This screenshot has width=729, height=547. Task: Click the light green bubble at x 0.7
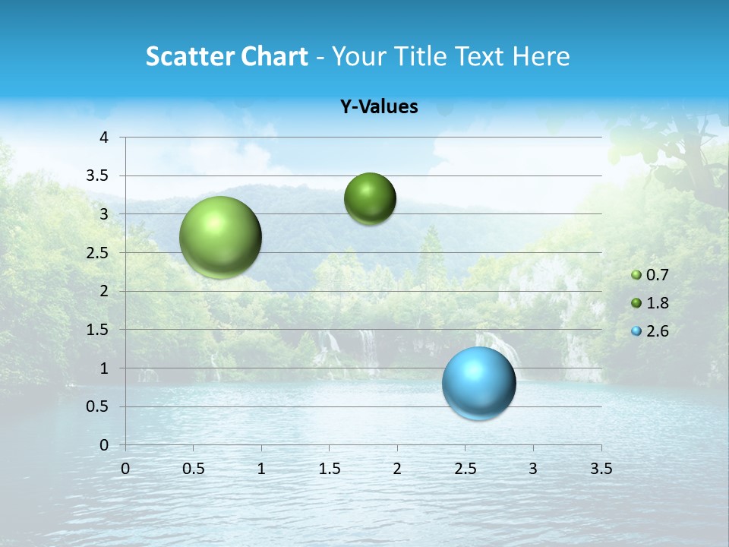click(220, 237)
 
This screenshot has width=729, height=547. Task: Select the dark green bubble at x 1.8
click(370, 199)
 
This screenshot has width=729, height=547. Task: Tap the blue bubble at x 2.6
click(478, 383)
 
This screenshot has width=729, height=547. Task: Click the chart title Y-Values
click(379, 107)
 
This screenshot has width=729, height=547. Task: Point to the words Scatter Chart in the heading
click(226, 56)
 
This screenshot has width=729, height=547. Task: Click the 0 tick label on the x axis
click(125, 469)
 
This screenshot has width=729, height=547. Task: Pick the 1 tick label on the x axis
click(261, 469)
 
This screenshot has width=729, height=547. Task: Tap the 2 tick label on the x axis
click(397, 469)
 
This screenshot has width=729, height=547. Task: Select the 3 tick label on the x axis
click(533, 469)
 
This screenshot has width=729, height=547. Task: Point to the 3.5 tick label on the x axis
click(601, 469)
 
